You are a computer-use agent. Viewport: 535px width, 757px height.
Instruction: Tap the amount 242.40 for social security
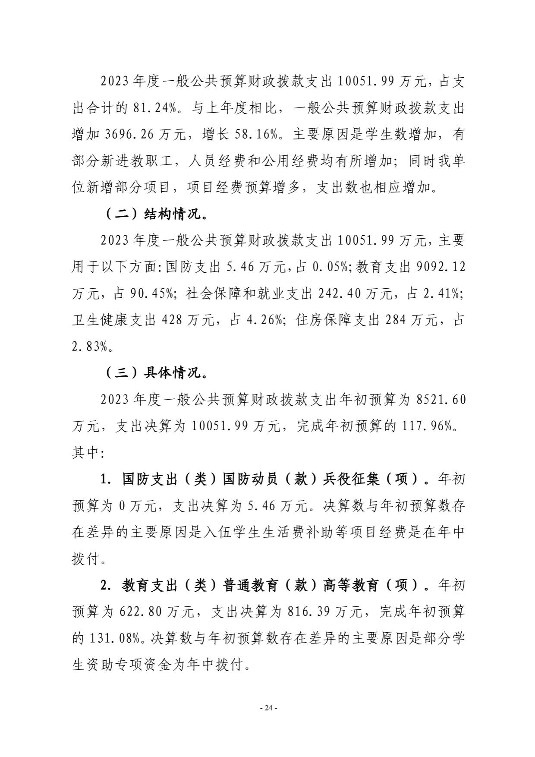point(339,294)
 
